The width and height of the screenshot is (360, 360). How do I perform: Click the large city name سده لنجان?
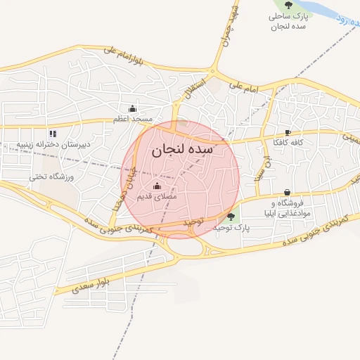pos(181,149)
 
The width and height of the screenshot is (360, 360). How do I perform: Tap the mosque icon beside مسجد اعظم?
pos(133,108)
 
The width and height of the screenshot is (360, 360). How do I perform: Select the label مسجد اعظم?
pos(134,120)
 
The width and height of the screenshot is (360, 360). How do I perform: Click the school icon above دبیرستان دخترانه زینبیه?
pos(52,134)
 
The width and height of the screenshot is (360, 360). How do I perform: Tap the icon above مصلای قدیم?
pos(156,186)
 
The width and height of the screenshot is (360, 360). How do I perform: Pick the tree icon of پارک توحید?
pos(231,217)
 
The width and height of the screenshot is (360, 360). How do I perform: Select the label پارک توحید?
pos(232,229)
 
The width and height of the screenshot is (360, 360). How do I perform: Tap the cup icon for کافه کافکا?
pos(288,132)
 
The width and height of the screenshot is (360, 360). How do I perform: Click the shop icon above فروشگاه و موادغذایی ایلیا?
pos(287,193)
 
